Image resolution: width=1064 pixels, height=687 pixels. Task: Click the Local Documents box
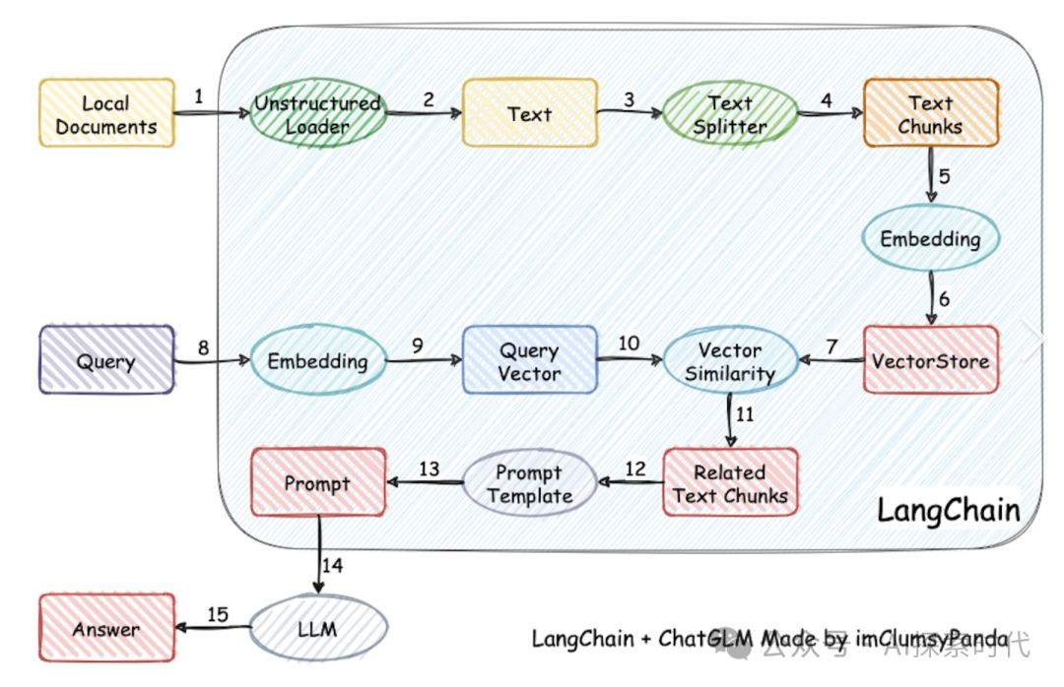tap(106, 114)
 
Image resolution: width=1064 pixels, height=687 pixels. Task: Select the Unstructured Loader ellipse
tap(317, 114)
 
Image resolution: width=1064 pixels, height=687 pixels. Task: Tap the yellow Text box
tap(530, 114)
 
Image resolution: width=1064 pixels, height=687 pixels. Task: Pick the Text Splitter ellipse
tap(730, 114)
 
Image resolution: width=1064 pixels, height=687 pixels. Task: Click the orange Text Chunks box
tap(931, 114)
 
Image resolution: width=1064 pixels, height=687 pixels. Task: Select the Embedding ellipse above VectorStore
tap(931, 239)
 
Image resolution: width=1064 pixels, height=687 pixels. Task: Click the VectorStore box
tap(931, 360)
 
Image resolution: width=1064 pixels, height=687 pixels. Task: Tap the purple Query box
tap(106, 361)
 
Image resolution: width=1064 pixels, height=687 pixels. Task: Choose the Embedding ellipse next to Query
tap(317, 361)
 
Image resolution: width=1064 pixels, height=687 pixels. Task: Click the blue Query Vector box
tap(530, 361)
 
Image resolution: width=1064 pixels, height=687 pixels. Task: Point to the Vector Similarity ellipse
tap(730, 361)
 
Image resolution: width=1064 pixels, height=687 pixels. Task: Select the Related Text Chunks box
tap(730, 483)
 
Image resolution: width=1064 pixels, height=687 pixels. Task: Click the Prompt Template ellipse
tap(530, 483)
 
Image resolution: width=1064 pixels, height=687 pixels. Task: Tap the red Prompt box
tap(317, 483)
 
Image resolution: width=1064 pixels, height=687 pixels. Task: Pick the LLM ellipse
tap(317, 628)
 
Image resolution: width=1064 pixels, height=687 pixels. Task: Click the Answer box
tap(106, 628)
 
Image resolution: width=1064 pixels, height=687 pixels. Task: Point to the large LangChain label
tap(948, 510)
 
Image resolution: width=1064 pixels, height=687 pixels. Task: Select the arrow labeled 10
tap(630, 360)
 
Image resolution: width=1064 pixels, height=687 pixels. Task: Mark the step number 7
tap(832, 346)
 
